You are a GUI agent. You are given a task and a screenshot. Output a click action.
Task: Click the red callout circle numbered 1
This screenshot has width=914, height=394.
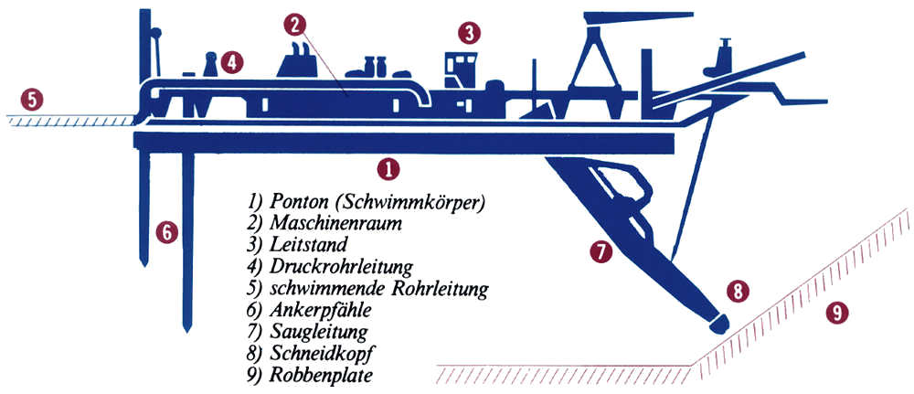(389, 168)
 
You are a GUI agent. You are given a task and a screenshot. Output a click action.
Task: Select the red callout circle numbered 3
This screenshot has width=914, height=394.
(468, 35)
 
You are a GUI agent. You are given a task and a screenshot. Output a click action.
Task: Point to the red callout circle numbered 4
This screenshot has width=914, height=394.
(232, 62)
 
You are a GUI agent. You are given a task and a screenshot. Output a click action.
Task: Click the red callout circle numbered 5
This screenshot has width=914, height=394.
(32, 99)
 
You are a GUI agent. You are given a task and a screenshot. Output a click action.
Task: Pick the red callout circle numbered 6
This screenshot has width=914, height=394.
(165, 232)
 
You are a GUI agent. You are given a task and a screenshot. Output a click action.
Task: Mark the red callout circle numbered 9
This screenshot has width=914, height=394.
(834, 312)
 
